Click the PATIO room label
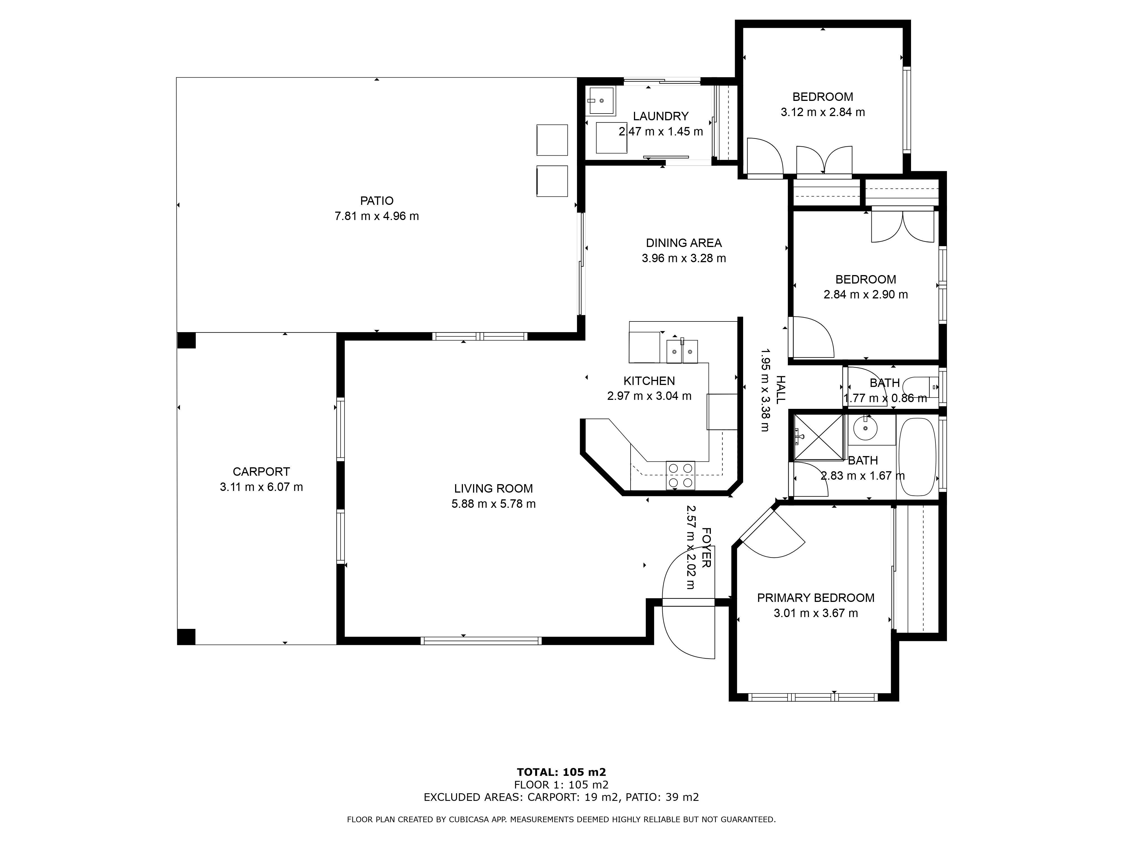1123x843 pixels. click(x=377, y=201)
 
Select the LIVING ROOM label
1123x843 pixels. click(x=494, y=488)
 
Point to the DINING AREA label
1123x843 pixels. click(x=684, y=243)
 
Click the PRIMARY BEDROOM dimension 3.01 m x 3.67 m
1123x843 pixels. click(x=816, y=613)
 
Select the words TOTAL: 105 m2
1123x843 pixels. click(x=561, y=772)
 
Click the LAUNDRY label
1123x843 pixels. click(x=661, y=116)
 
